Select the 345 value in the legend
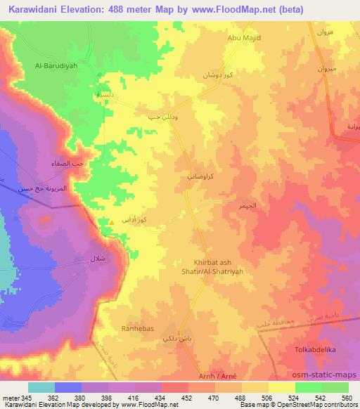click(23, 397)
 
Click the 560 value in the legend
click(347, 397)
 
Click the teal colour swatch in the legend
click(41, 387)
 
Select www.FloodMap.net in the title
click(240, 10)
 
